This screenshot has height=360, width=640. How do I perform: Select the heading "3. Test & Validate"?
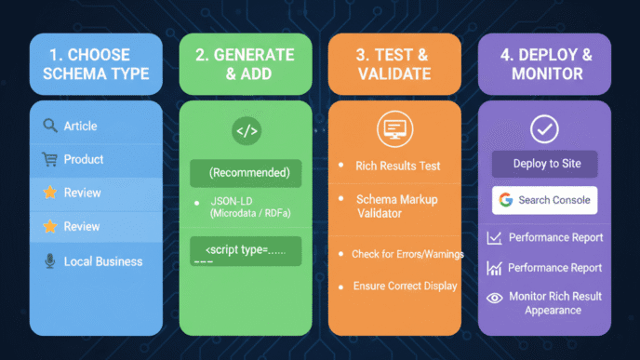click(394, 63)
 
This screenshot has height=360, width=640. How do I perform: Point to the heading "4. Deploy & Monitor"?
click(544, 63)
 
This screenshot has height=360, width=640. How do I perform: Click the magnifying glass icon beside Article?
click(50, 126)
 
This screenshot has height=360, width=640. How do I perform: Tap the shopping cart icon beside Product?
click(50, 159)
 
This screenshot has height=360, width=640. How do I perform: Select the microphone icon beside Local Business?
click(50, 261)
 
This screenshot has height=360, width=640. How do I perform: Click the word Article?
click(80, 126)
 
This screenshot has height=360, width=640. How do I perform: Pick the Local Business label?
click(103, 261)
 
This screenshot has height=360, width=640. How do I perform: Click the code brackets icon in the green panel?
click(247, 131)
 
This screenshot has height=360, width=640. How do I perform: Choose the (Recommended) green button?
click(247, 173)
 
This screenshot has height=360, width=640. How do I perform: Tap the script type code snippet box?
click(247, 251)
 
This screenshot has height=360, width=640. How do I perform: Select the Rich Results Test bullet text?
click(398, 166)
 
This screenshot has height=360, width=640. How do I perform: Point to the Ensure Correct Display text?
click(405, 286)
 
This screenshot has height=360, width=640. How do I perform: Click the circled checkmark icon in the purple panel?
click(544, 129)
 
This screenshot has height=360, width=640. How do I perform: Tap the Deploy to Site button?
click(546, 164)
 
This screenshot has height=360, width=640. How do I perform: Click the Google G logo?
click(506, 200)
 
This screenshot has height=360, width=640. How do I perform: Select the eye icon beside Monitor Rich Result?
click(494, 298)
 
